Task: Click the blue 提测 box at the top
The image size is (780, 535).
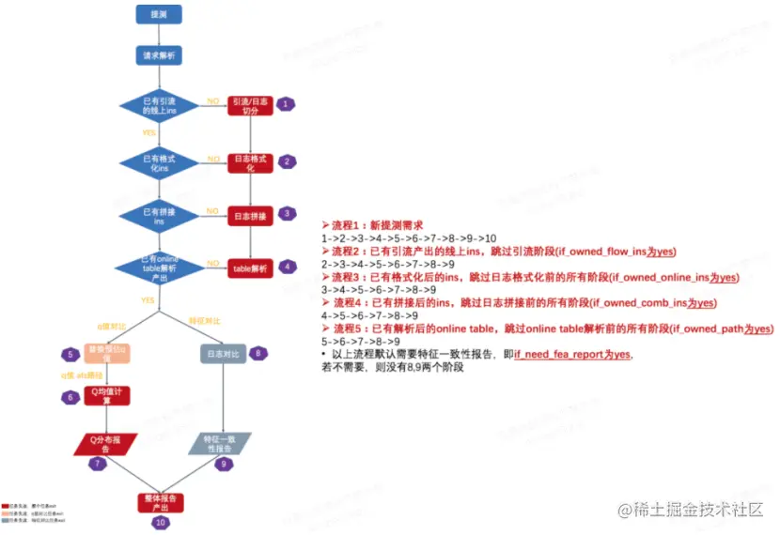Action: [158, 15]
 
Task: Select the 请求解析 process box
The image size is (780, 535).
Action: [158, 56]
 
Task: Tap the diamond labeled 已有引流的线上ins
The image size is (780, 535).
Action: [158, 105]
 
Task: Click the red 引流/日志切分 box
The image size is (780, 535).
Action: [251, 105]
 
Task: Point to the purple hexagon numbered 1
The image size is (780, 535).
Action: [287, 105]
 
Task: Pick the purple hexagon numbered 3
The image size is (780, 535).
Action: [287, 214]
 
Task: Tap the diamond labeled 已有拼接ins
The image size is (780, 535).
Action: [158, 216]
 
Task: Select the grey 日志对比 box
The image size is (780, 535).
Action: [224, 355]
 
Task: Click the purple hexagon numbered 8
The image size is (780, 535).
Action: [259, 353]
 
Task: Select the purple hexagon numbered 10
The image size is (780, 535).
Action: [160, 522]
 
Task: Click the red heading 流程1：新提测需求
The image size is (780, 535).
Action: [373, 226]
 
